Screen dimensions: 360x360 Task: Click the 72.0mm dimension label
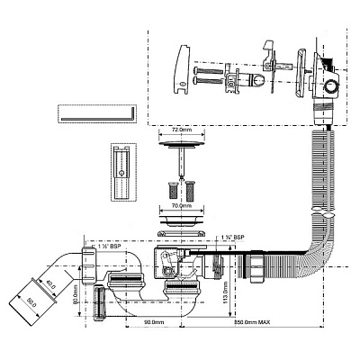(180, 130)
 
